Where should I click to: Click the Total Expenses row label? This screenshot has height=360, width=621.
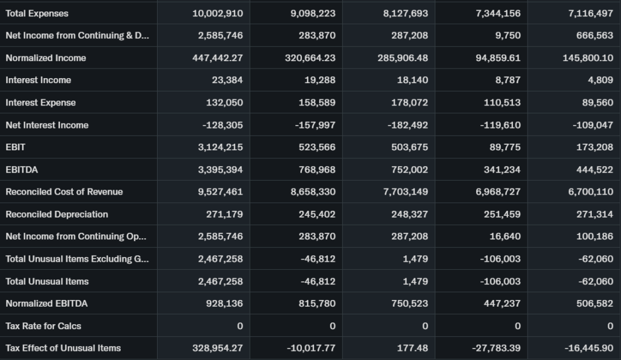pos(37,13)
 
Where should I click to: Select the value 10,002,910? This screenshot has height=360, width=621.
pos(217,13)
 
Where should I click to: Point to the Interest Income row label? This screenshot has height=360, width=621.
pos(38,80)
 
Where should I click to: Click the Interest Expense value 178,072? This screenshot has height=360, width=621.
pos(409,102)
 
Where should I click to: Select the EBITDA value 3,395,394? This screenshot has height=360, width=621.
pos(220,170)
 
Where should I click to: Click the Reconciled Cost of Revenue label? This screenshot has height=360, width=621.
pos(64,192)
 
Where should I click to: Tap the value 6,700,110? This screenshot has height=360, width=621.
pos(590,192)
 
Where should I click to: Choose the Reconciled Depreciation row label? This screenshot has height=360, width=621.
pos(57,214)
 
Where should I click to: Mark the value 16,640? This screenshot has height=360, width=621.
pos(505,236)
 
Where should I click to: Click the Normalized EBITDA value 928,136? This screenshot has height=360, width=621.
pos(223,303)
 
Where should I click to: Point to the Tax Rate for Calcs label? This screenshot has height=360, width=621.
pos(43,325)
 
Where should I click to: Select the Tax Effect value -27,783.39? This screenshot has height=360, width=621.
pos(495,348)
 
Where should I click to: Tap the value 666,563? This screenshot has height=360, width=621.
pos(595,36)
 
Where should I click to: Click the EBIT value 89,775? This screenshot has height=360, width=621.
pos(505,147)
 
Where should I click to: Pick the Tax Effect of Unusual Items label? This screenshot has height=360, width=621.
pos(63,348)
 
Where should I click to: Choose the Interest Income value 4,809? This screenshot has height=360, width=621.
pos(600,80)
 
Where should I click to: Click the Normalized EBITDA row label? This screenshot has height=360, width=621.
pos(47,303)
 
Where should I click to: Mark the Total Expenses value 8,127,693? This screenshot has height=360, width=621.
pos(405,13)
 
